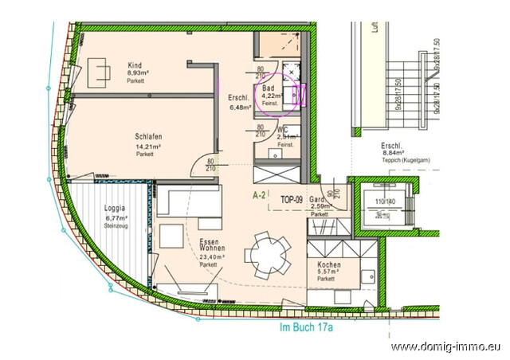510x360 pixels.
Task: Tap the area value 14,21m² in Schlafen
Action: [146, 146]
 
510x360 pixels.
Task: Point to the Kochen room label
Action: [329, 264]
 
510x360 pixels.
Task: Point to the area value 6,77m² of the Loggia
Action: [116, 217]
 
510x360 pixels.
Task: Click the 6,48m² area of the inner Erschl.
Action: [240, 105]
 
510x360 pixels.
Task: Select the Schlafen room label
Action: [149, 136]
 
